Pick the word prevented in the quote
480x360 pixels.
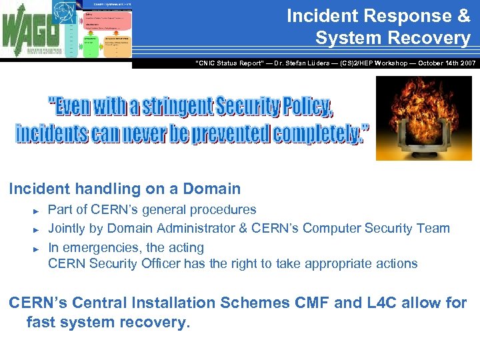coord(230,133)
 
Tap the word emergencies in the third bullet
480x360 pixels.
coord(113,247)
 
